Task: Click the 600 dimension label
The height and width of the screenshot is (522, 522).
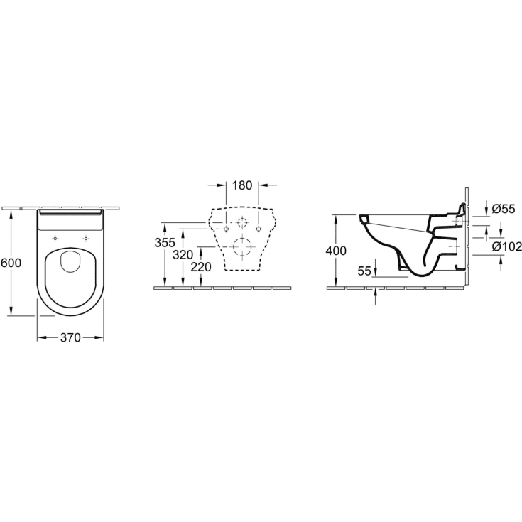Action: coord(11,263)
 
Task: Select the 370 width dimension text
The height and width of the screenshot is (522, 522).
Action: coord(70,337)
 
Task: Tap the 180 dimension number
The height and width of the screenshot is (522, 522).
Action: coord(242,185)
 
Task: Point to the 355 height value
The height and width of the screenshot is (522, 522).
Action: coord(165,243)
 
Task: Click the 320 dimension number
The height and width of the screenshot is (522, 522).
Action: coord(183,255)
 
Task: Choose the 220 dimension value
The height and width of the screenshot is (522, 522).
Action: coord(201,266)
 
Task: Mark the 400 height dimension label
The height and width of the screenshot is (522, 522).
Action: coord(336,251)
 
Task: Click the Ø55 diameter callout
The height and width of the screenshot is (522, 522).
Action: coord(504,209)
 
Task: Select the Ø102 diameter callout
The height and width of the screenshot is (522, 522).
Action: coord(506,246)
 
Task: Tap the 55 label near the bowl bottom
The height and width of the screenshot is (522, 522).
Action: coord(364,271)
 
